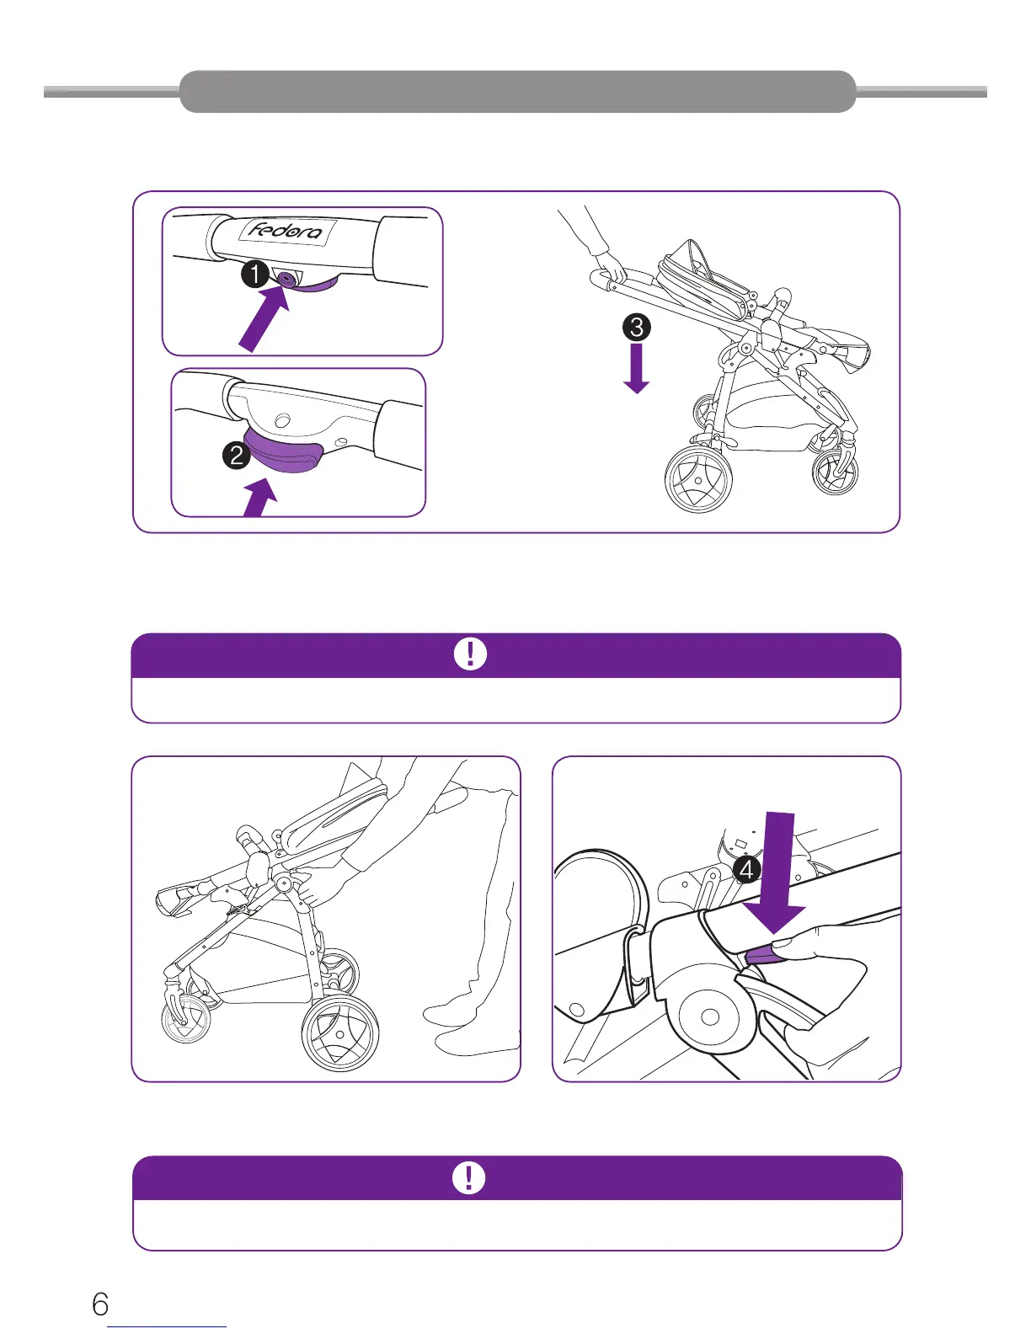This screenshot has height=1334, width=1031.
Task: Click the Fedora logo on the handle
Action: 286,230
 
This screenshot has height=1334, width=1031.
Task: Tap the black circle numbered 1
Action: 254,275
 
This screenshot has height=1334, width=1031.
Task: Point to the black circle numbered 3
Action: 637,327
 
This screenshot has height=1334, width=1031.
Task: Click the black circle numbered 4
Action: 747,869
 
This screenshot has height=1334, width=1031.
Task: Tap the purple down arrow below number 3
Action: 637,369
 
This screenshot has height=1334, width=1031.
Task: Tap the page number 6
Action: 100,1305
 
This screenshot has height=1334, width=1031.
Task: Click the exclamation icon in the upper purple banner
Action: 470,654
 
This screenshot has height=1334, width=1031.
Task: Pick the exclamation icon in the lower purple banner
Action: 469,1177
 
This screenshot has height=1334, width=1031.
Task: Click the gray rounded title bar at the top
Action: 517,92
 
